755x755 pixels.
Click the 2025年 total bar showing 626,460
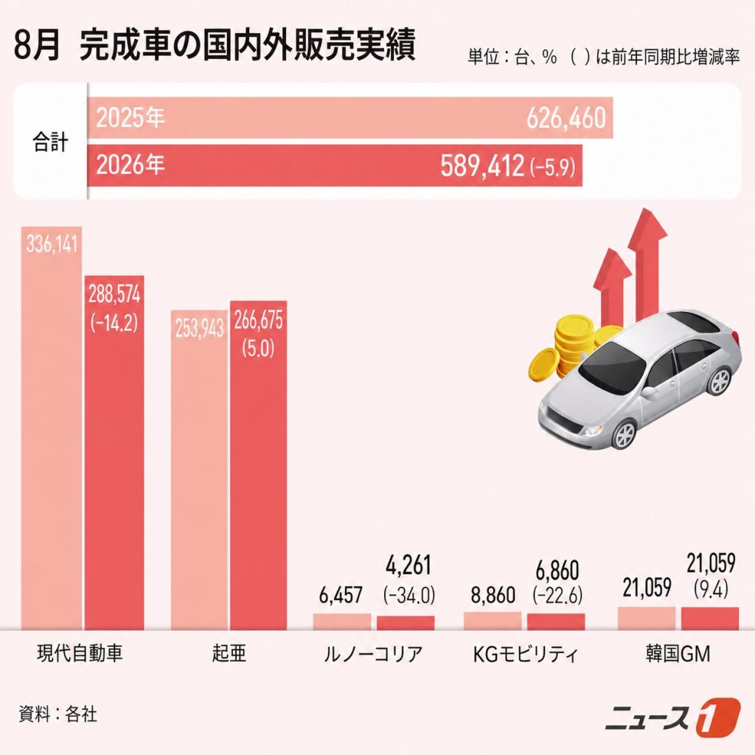pyautogui.click(x=350, y=117)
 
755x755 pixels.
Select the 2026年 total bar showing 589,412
pyautogui.click(x=335, y=165)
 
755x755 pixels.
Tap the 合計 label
pyautogui.click(x=50, y=142)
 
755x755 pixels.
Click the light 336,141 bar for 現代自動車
pyautogui.click(x=51, y=428)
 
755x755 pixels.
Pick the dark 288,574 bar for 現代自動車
pyautogui.click(x=114, y=453)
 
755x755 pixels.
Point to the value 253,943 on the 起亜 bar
pyautogui.click(x=199, y=329)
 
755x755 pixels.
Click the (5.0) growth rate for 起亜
pyautogui.click(x=258, y=348)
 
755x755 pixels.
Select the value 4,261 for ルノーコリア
pyautogui.click(x=408, y=565)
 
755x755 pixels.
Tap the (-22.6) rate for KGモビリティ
pyautogui.click(x=557, y=594)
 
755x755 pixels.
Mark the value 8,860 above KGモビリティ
pyautogui.click(x=493, y=595)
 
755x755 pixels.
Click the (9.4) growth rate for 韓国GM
pyautogui.click(x=711, y=588)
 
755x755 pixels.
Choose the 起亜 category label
pyautogui.click(x=229, y=653)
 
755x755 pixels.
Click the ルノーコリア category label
pyautogui.click(x=373, y=653)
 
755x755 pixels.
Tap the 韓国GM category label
pyautogui.click(x=678, y=653)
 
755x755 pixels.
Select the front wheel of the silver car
pyautogui.click(x=624, y=434)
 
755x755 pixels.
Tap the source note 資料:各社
pyautogui.click(x=58, y=714)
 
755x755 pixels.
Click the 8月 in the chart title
pyautogui.click(x=37, y=46)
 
